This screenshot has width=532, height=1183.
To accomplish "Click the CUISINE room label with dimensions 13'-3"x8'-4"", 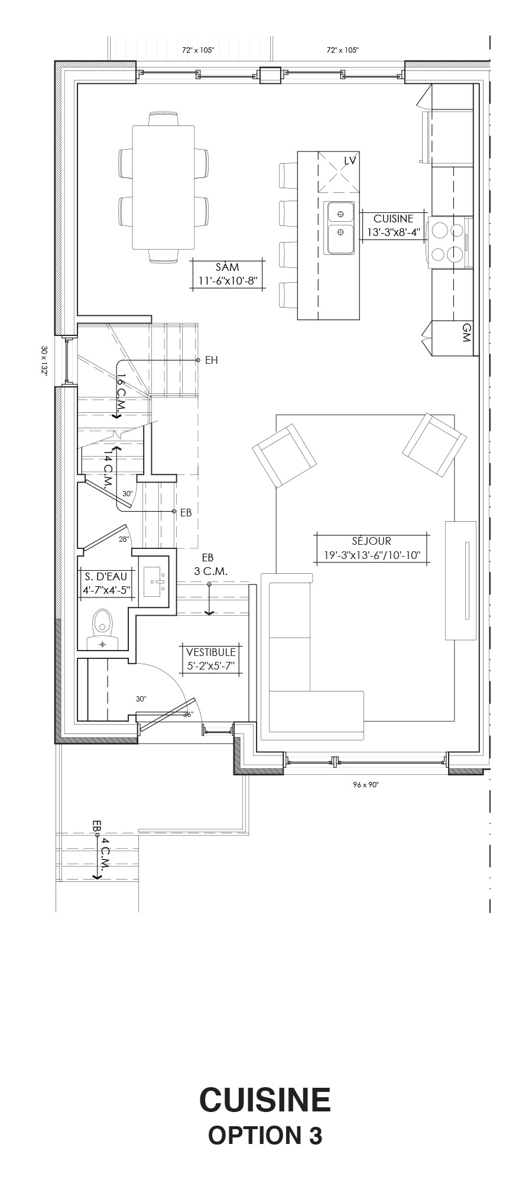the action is [393, 225].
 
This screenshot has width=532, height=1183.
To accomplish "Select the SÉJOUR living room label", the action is [371, 548].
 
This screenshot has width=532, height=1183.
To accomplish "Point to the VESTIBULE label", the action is [211, 658].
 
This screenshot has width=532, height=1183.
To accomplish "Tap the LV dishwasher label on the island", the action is [351, 160].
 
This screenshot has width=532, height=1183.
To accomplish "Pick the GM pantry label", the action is [466, 332].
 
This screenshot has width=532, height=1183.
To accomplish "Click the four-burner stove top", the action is [447, 240].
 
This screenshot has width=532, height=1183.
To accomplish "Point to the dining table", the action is [164, 187].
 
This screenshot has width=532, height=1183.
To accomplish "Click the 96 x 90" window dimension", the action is [366, 785].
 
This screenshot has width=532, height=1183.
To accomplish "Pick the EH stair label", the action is [212, 360].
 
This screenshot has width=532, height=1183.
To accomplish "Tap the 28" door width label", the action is [124, 539].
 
